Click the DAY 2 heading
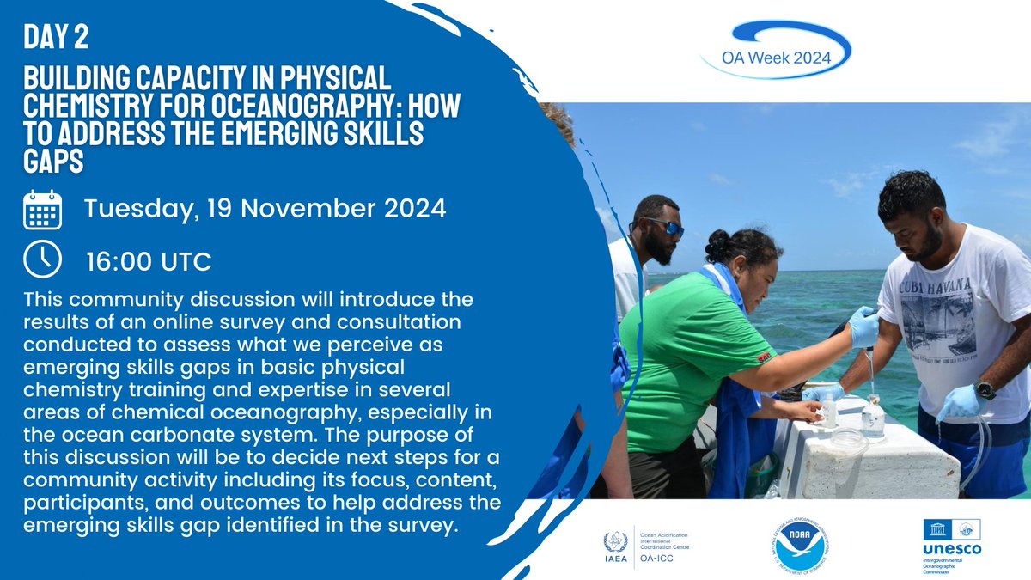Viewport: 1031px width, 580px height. click(x=57, y=39)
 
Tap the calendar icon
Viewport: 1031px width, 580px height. click(x=42, y=209)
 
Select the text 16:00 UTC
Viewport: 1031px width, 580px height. click(x=147, y=261)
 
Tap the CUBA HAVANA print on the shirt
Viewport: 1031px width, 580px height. click(x=928, y=283)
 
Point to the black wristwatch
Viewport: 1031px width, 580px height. click(x=985, y=389)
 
